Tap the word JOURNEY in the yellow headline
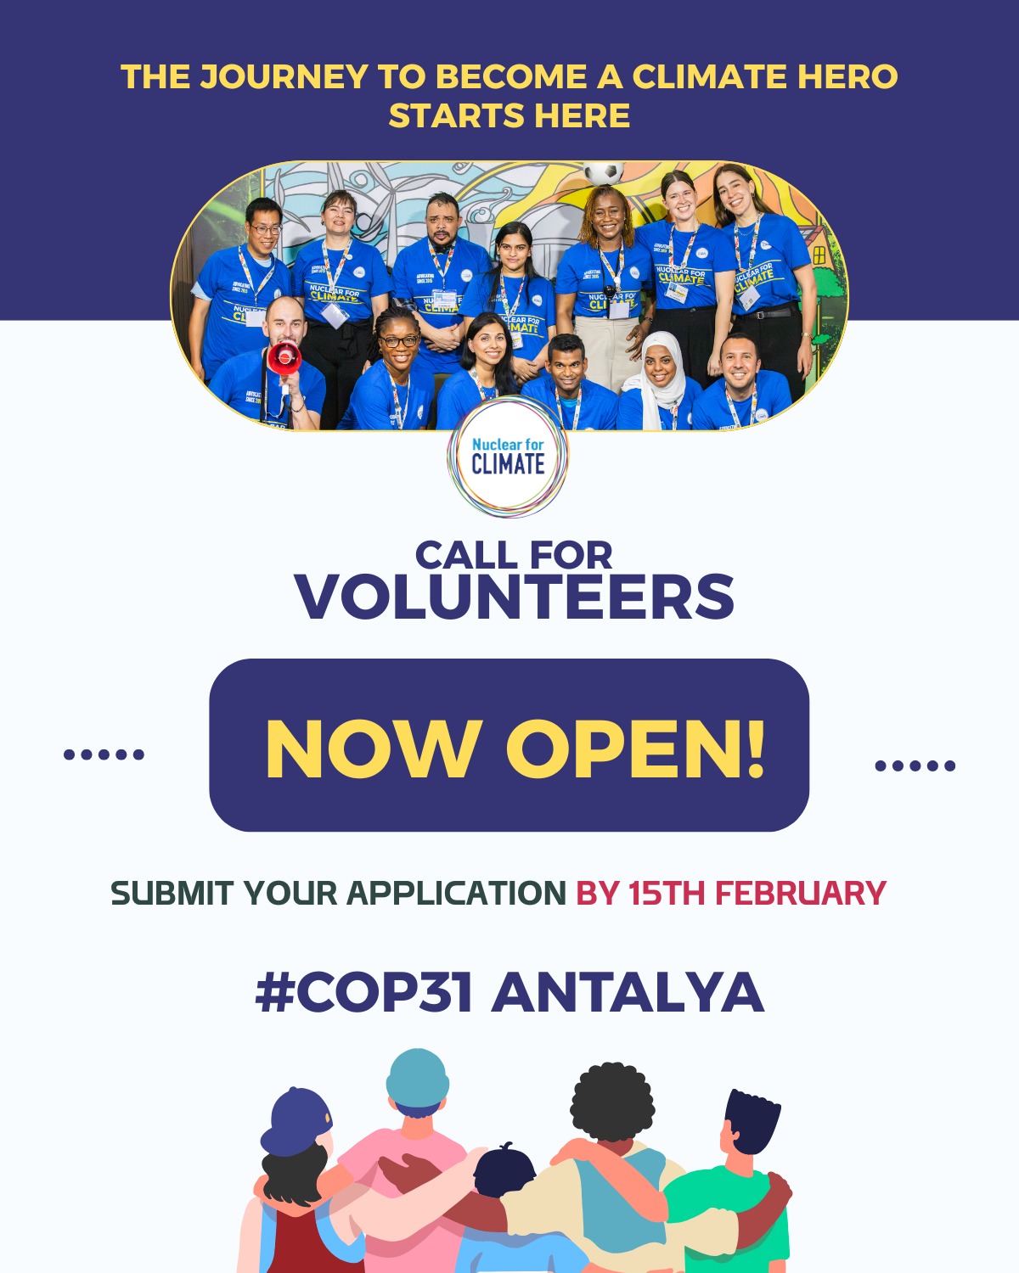click(284, 77)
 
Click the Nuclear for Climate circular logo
click(508, 457)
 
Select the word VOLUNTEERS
click(515, 597)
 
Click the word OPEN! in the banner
click(636, 749)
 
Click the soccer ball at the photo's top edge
click(604, 172)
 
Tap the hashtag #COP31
click(363, 992)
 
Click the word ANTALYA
click(628, 992)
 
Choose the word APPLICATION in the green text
click(456, 894)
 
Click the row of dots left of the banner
click(104, 754)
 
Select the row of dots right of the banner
click(915, 765)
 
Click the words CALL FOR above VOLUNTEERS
click(514, 556)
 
